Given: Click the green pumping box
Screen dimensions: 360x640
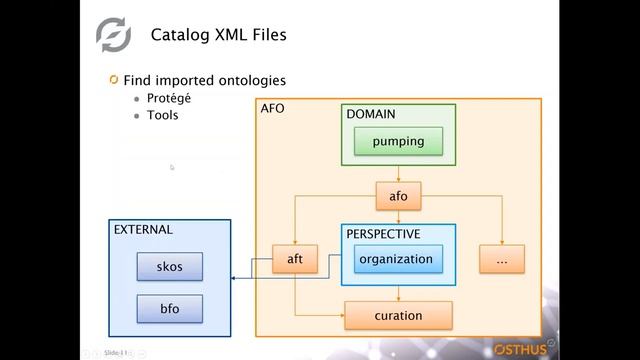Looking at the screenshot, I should (x=398, y=141).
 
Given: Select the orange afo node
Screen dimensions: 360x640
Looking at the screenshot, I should (x=398, y=195).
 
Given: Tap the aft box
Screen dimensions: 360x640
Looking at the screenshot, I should (x=295, y=259).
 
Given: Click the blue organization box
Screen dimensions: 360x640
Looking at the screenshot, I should (x=397, y=259).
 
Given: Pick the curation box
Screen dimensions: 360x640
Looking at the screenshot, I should (x=398, y=316).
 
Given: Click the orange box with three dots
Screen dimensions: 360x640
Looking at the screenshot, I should (x=501, y=259).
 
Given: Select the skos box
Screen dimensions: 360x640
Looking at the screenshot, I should (x=169, y=266).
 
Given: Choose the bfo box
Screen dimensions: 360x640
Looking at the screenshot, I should (x=169, y=308).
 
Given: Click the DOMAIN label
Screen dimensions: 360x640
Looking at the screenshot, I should (x=370, y=114).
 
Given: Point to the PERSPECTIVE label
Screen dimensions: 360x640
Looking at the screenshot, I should (x=383, y=234).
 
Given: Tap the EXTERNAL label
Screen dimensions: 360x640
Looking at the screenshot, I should (x=143, y=229).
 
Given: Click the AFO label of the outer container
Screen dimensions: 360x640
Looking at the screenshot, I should (x=272, y=107).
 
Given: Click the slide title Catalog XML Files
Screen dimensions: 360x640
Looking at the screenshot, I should (x=218, y=35).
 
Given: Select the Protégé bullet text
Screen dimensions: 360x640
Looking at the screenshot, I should (x=170, y=98).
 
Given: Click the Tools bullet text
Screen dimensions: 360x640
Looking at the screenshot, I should (x=164, y=115).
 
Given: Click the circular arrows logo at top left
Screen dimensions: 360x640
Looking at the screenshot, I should (x=113, y=35).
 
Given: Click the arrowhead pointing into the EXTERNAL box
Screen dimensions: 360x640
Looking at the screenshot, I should (x=234, y=278).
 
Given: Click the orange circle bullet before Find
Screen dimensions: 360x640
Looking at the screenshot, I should (x=114, y=79).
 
